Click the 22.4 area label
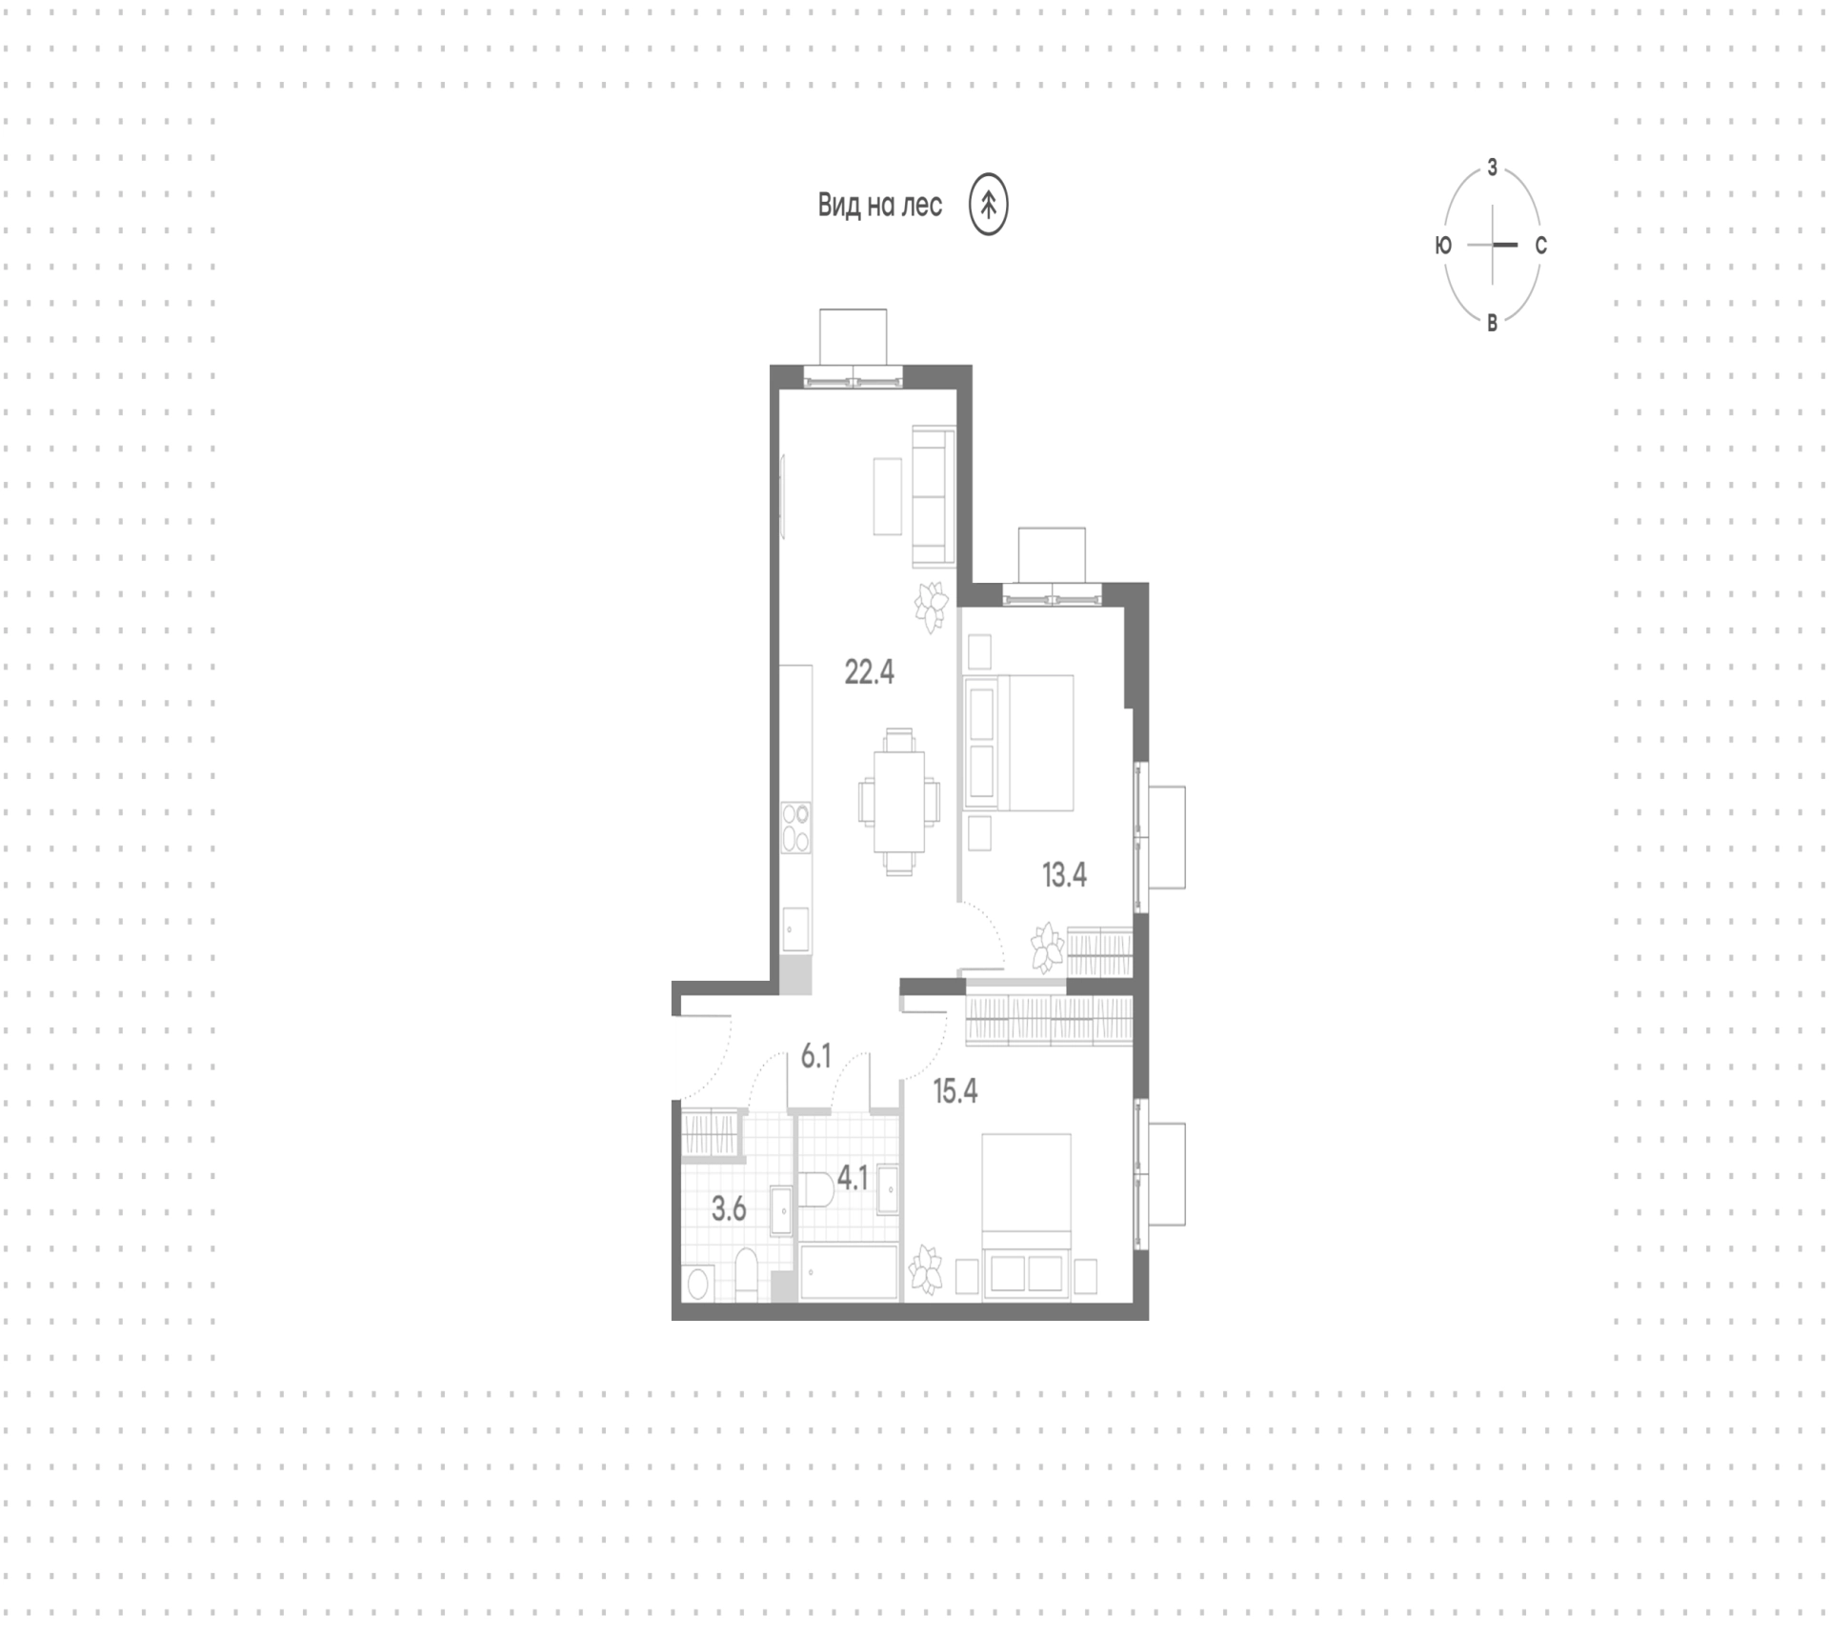pyautogui.click(x=869, y=672)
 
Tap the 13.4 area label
pyautogui.click(x=1064, y=874)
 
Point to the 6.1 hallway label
pyautogui.click(x=816, y=1056)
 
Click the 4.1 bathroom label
pyautogui.click(x=852, y=1179)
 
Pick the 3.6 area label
pyautogui.click(x=729, y=1209)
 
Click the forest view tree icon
pyautogui.click(x=989, y=204)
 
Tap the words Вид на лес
pyautogui.click(x=879, y=205)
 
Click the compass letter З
pyautogui.click(x=1493, y=168)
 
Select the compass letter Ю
pyautogui.click(x=1443, y=245)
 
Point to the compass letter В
pyautogui.click(x=1493, y=323)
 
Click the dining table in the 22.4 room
pyautogui.click(x=899, y=802)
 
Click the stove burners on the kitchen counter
pyautogui.click(x=795, y=828)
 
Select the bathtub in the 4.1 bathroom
pyautogui.click(x=849, y=1272)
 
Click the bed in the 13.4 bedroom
pyautogui.click(x=1019, y=743)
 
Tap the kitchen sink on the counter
pyautogui.click(x=795, y=928)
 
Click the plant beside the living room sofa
pyautogui.click(x=932, y=607)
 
